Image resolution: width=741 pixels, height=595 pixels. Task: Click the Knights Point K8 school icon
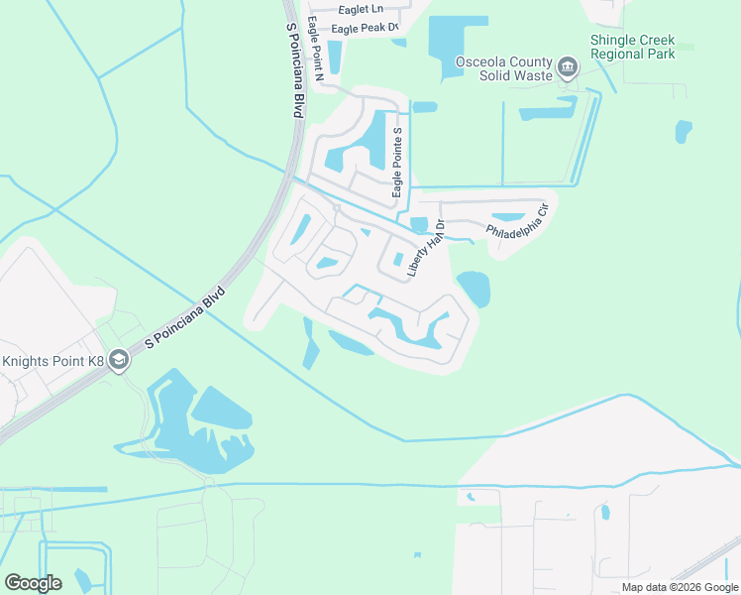(120, 359)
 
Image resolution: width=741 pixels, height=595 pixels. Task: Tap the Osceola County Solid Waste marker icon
(567, 67)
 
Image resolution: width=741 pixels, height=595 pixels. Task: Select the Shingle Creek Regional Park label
(632, 47)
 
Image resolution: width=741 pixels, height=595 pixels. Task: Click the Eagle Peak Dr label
(365, 29)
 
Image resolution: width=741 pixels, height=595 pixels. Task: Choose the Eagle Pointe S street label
(397, 162)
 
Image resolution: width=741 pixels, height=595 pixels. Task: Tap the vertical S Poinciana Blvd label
(292, 70)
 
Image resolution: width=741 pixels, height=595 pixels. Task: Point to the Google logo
(33, 582)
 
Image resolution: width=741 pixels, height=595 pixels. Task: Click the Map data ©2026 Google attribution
(679, 587)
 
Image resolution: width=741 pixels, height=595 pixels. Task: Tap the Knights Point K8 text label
(52, 360)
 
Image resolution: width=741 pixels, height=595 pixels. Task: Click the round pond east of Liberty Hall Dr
(473, 288)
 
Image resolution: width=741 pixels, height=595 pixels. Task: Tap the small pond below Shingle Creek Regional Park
(683, 130)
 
